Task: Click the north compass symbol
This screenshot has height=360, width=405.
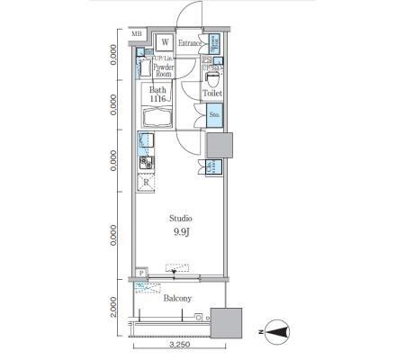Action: pyautogui.click(x=279, y=332)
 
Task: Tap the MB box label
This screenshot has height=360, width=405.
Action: pyautogui.click(x=137, y=35)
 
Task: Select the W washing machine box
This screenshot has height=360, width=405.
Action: pyautogui.click(x=165, y=42)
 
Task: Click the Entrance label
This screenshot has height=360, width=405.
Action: pyautogui.click(x=191, y=42)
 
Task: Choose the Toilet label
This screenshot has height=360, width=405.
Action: pyautogui.click(x=212, y=93)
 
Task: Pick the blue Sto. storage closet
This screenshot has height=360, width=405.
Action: pyautogui.click(x=215, y=114)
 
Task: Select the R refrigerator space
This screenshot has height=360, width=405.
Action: pyautogui.click(x=146, y=183)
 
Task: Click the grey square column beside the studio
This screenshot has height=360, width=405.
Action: pyautogui.click(x=220, y=145)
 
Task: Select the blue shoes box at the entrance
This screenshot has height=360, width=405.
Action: pyautogui.click(x=215, y=42)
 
